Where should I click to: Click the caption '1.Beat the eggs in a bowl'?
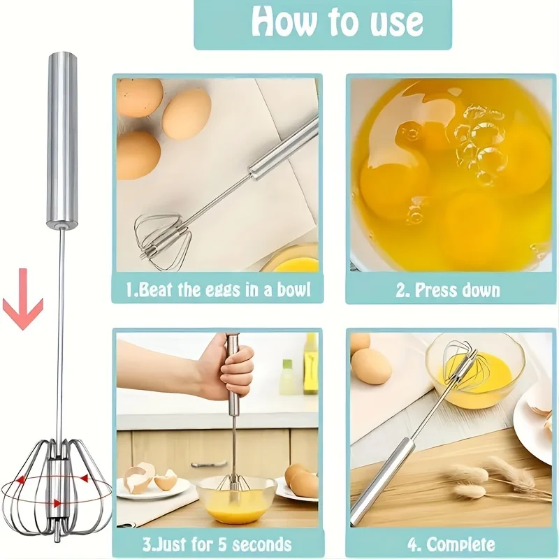(217, 289)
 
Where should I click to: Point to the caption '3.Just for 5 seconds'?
(217, 544)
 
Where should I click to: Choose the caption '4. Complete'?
(451, 544)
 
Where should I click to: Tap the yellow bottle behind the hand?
(310, 363)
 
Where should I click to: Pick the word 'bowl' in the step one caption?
(293, 289)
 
